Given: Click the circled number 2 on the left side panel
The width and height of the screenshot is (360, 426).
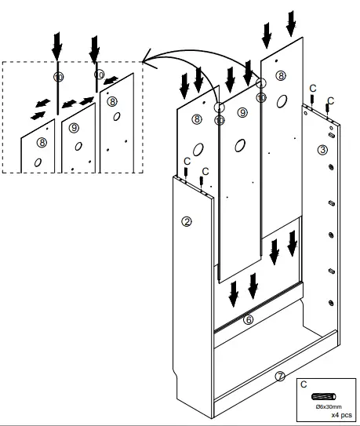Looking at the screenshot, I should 187,221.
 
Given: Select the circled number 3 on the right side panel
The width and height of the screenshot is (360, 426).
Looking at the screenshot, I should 322,149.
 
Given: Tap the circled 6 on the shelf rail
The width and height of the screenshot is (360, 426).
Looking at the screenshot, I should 249,319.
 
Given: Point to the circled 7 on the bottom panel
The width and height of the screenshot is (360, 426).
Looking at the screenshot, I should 279,377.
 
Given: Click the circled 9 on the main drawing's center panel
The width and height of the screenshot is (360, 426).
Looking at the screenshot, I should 242,113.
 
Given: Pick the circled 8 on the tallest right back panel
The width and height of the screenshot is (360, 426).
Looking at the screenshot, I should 280,75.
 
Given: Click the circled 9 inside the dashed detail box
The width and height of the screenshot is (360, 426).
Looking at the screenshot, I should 75,126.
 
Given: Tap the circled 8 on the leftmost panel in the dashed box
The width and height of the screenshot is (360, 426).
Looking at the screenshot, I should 42,142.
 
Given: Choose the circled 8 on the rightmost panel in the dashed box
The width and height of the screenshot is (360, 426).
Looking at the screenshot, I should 112,101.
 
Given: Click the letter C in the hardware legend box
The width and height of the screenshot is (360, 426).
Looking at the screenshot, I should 304,384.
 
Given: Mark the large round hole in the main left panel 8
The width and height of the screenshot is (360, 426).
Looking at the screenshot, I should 197,148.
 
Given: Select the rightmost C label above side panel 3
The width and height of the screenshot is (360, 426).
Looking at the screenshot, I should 329,100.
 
